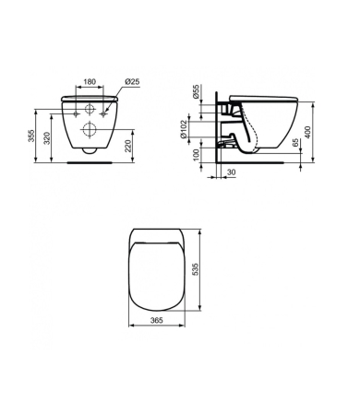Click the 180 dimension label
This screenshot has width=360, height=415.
[x=90, y=82]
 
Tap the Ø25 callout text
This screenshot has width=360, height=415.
[x=133, y=81]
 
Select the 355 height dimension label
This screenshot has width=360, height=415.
[x=31, y=136]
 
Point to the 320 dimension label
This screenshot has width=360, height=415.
[x=46, y=138]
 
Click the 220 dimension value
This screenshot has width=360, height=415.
[x=128, y=146]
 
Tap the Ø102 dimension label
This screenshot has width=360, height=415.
[x=183, y=129]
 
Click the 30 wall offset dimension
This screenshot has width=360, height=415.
[x=231, y=172]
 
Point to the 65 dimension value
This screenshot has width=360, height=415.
[x=295, y=143]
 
